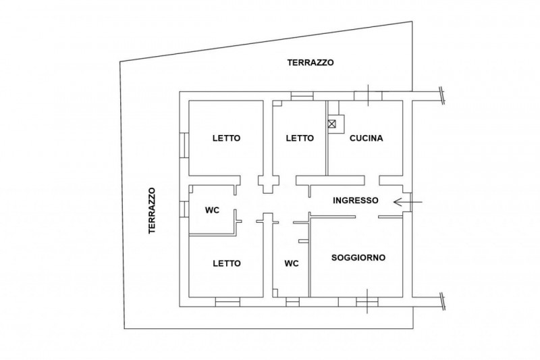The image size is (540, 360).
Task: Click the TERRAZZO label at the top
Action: point(310,62)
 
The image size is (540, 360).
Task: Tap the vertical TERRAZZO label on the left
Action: point(153,210)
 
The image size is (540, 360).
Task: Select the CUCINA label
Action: point(367,138)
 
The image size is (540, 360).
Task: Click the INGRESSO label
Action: point(357,201)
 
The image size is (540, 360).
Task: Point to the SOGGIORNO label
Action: point(358,258)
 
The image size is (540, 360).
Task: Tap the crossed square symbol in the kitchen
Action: point(332,123)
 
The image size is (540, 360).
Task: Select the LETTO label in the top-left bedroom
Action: point(226,138)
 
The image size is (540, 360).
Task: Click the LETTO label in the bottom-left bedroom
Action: point(226,263)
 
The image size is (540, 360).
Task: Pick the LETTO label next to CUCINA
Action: point(300,138)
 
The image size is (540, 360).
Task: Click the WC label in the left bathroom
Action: point(213,210)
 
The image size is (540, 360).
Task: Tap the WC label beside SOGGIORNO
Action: point(292,263)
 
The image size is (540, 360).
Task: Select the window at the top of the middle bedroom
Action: point(302,96)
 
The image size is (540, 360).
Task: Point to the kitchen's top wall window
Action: point(368,95)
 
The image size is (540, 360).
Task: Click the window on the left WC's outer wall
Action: point(183,210)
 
